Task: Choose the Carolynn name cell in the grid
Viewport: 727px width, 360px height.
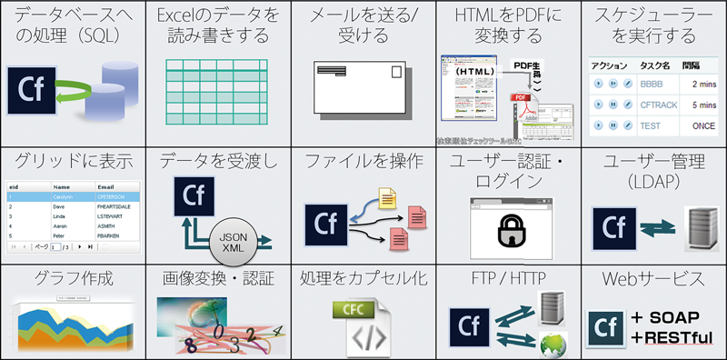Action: [60, 195]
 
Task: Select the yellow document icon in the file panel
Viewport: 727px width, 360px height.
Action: [386, 195]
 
